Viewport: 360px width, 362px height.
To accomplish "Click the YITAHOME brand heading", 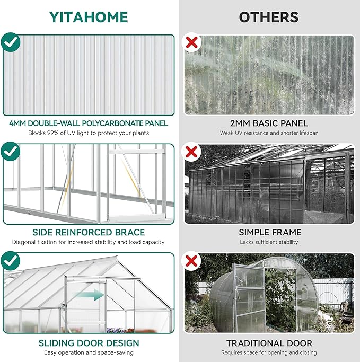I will pos(89,17).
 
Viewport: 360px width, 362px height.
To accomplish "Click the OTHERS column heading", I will pos(269,17).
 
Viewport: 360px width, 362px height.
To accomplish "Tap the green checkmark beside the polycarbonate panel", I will pos(11,42).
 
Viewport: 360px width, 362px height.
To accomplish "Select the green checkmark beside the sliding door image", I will pos(11,261).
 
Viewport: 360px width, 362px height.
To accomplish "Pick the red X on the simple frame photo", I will pos(191,153).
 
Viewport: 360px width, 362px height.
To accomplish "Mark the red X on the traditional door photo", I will pos(191,261).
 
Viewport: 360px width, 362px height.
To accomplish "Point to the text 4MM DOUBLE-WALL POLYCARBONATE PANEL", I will pos(89,123).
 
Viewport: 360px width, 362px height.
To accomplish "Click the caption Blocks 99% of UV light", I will pos(89,133).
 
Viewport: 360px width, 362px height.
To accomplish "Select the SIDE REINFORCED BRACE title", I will pos(89,232).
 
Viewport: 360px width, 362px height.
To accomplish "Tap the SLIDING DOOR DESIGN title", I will pos(89,343).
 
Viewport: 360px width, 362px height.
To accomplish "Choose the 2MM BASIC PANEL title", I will pos(269,123).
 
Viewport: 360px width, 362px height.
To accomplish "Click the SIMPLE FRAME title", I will pos(269,232).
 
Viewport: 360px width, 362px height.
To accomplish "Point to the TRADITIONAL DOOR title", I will pos(269,343).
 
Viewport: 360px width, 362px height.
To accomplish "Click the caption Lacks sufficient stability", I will pos(269,242).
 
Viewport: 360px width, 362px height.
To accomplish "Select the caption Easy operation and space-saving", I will pos(89,352).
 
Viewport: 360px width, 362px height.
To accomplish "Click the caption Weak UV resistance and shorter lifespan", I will pos(269,133).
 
